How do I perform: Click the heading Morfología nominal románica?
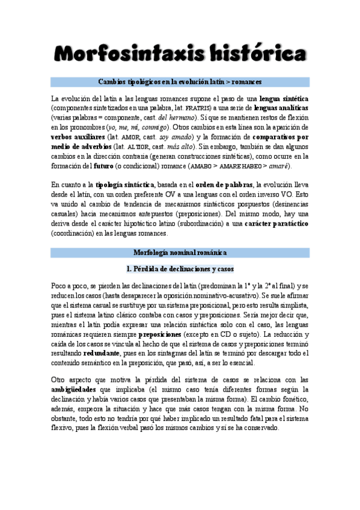tap(180, 253)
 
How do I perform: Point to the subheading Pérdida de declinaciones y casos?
tap(180, 268)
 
